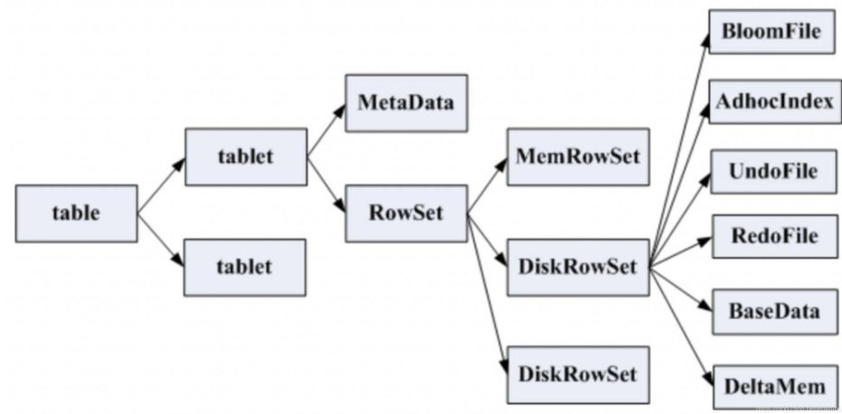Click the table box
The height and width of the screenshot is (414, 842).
click(76, 213)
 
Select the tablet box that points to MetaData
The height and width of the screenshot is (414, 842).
click(246, 156)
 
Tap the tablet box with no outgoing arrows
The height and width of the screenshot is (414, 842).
click(245, 268)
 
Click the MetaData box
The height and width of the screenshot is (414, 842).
click(406, 103)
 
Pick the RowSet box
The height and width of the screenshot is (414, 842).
click(406, 213)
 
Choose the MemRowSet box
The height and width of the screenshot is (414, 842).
click(578, 156)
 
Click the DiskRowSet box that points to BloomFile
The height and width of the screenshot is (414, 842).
click(578, 268)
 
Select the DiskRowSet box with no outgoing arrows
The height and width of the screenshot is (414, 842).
click(578, 375)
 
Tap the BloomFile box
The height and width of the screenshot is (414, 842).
click(772, 32)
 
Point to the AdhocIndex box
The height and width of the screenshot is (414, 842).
click(775, 101)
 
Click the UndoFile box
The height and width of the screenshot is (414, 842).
click(774, 171)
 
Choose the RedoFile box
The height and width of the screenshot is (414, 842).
click(775, 236)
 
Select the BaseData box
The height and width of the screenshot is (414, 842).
click(775, 312)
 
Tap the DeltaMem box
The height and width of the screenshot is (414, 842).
click(775, 387)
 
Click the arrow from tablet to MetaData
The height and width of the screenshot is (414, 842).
click(326, 130)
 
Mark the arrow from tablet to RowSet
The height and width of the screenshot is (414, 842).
click(326, 184)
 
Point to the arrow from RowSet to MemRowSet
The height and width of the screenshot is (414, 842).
click(487, 186)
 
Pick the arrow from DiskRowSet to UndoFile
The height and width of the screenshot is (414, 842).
click(680, 220)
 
